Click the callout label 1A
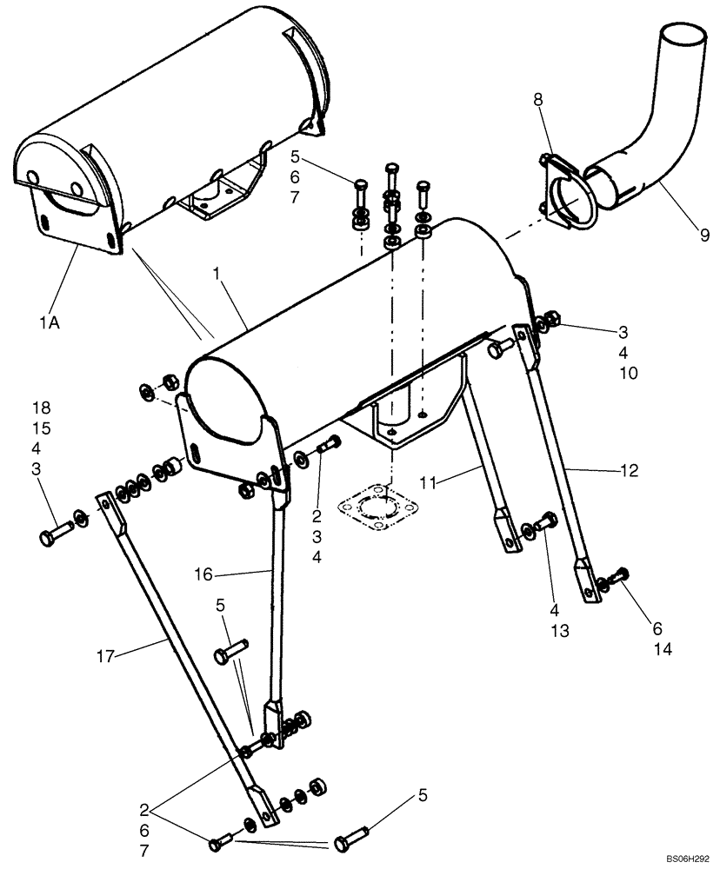click(49, 322)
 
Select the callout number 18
click(41, 408)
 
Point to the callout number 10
click(629, 373)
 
